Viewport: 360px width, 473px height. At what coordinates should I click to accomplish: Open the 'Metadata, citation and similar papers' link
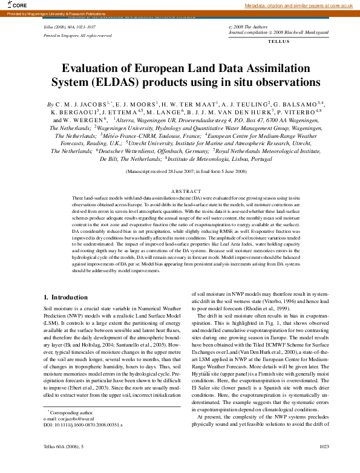(298, 5)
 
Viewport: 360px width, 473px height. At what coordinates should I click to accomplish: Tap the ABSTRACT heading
(185, 191)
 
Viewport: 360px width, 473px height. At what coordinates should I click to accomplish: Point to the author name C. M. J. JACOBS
(82, 104)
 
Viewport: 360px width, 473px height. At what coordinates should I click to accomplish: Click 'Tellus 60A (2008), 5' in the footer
(64, 462)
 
